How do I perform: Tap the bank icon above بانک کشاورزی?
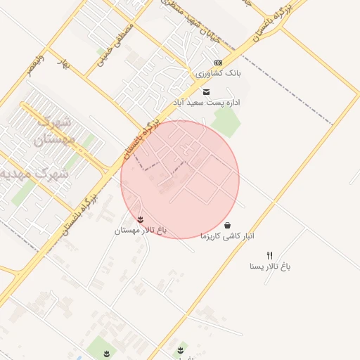(217, 63)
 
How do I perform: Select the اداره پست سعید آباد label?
(207, 103)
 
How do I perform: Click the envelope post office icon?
(206, 92)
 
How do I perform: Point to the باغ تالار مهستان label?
(141, 230)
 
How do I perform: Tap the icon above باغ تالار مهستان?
(141, 219)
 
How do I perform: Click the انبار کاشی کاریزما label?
(227, 236)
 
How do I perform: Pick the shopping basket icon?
(227, 226)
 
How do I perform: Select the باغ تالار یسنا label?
(270, 266)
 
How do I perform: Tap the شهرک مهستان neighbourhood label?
(53, 131)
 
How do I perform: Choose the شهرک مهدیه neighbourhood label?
(35, 173)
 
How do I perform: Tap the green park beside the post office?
(226, 122)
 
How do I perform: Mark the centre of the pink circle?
(180, 179)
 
